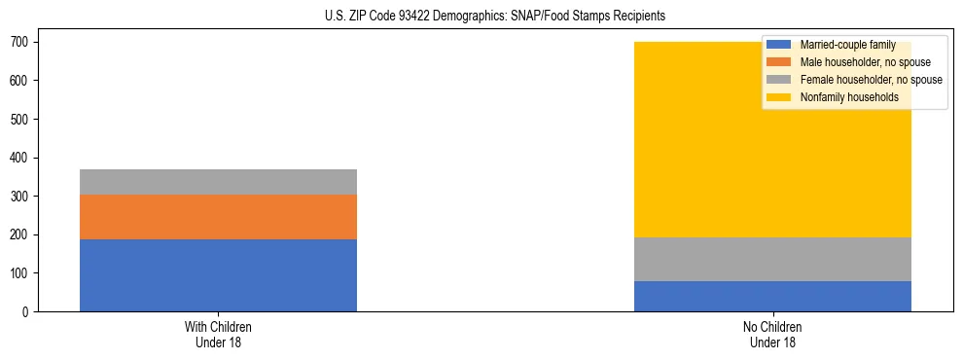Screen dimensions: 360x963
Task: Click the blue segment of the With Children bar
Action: [218, 275]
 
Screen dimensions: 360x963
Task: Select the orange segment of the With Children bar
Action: [218, 217]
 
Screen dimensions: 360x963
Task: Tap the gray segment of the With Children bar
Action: [218, 182]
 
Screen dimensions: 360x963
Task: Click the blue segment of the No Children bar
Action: [772, 297]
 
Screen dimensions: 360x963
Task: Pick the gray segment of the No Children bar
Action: [772, 260]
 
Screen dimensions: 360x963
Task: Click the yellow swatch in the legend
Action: [779, 97]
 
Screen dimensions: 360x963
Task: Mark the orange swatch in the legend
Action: [779, 62]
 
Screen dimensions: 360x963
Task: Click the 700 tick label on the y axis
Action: [23, 43]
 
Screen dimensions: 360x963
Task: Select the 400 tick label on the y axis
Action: [23, 158]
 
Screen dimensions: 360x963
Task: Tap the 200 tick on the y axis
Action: [23, 235]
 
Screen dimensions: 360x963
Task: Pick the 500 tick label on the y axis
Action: [23, 120]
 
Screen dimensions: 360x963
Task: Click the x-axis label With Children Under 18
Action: [218, 335]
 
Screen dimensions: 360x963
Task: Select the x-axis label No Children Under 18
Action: [772, 335]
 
